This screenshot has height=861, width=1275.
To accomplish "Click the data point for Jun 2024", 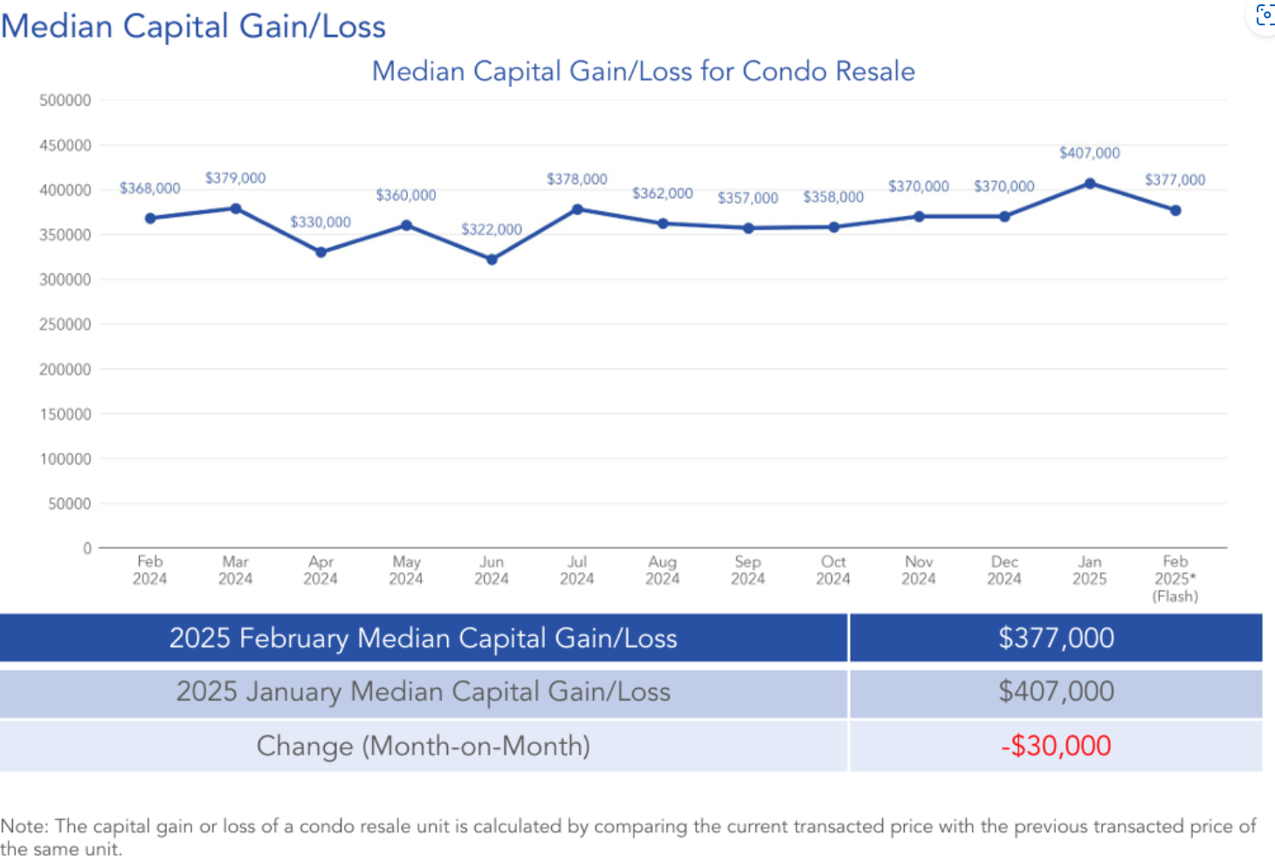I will tap(492, 259).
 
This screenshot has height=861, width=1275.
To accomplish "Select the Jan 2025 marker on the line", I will tap(1090, 183).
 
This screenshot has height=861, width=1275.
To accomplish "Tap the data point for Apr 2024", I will tap(321, 252).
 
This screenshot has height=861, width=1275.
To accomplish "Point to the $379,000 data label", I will tap(235, 178).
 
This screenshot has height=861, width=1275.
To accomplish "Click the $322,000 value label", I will tap(492, 230).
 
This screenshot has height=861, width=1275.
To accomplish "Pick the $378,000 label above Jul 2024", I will tap(576, 179).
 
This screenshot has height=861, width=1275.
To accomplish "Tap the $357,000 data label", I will tap(748, 198).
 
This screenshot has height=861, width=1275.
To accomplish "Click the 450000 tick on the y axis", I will tap(65, 145).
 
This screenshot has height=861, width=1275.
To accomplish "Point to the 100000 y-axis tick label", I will tap(65, 458).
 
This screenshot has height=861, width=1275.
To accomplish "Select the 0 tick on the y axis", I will tap(87, 548).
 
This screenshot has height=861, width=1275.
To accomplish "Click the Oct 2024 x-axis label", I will tap(833, 570).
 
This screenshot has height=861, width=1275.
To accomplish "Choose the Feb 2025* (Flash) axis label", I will tap(1175, 578).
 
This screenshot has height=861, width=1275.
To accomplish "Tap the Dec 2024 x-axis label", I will tap(1004, 570).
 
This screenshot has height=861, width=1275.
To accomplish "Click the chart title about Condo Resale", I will tap(643, 71).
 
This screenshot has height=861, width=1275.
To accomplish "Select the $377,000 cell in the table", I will tap(1056, 638).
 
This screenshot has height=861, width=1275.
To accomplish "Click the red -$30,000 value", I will tap(1056, 746).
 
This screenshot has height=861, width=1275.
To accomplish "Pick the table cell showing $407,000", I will tap(1056, 692).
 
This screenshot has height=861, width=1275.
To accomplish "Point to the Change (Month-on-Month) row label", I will tap(424, 746).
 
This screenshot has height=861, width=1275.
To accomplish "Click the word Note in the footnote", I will tap(24, 826).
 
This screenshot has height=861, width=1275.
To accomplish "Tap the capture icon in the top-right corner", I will tap(1265, 14).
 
